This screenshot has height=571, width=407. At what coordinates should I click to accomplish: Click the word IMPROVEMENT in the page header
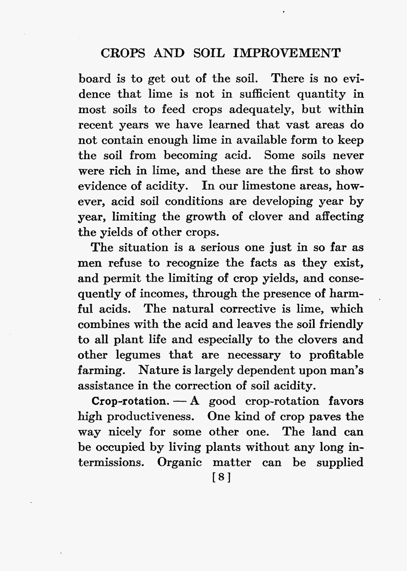[288, 53]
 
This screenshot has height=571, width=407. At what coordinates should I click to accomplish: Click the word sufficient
[265, 94]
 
